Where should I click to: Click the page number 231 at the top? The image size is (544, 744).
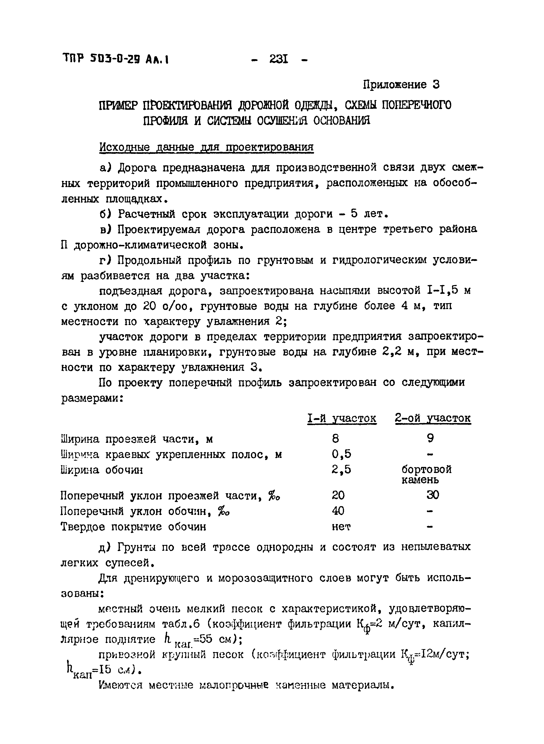(x=279, y=60)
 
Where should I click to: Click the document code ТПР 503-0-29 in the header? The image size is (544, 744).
(x=115, y=60)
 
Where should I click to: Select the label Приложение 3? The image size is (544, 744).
(x=401, y=85)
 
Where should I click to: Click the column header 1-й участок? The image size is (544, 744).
(x=342, y=418)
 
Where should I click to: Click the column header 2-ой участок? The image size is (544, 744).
(x=433, y=418)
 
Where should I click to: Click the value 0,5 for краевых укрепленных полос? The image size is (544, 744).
(x=341, y=454)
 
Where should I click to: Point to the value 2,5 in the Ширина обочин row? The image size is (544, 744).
(x=341, y=469)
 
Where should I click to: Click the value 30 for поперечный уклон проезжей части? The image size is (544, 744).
(x=432, y=495)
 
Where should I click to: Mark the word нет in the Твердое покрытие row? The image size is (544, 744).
(x=341, y=527)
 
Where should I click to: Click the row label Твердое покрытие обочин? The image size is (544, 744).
(x=134, y=527)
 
